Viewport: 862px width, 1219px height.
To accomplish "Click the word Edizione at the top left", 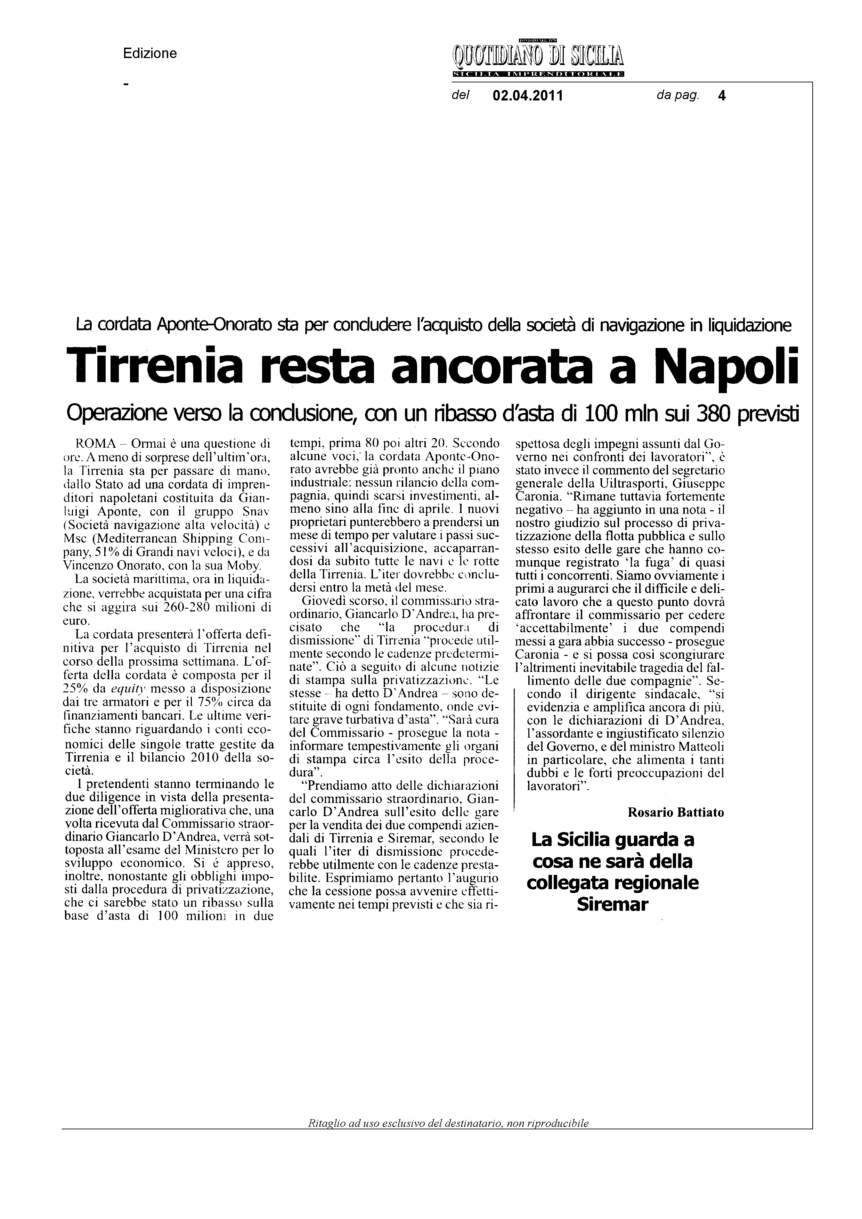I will (150, 54).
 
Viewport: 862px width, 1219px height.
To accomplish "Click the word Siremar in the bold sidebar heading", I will (612, 904).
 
